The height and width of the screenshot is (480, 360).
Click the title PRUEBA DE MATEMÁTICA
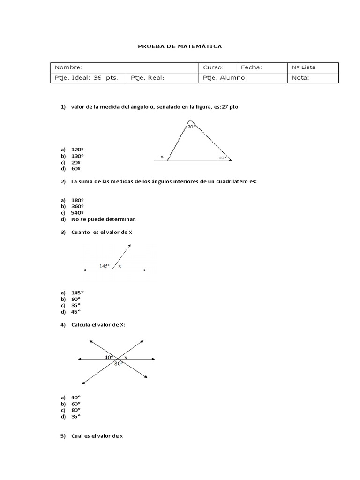[180, 47]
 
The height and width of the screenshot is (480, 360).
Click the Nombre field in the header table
[125, 67]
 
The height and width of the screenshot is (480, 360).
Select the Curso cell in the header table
[218, 67]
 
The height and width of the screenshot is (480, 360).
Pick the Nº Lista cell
[312, 67]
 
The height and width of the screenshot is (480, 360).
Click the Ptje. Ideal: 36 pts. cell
[88, 78]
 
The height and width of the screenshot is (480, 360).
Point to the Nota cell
[312, 78]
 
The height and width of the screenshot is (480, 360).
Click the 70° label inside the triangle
[191, 127]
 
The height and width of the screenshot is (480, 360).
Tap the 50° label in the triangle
[222, 158]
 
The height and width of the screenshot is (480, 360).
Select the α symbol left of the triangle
[162, 157]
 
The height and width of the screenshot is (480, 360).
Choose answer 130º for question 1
[77, 156]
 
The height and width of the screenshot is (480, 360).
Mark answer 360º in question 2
[77, 206]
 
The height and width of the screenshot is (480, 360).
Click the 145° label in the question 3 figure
[105, 266]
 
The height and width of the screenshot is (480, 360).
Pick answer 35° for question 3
[76, 305]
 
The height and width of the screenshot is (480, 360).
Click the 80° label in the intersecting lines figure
[119, 363]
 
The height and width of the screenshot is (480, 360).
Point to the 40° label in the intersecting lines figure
[109, 357]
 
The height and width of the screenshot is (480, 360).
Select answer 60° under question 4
[76, 403]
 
